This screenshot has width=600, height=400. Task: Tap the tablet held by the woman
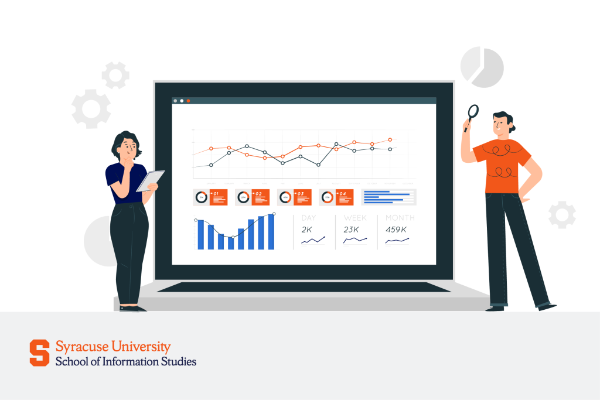pyautogui.click(x=150, y=181)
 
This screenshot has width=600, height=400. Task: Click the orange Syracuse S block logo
pyautogui.click(x=40, y=353)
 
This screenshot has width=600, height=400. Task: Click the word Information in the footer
pyautogui.click(x=128, y=361)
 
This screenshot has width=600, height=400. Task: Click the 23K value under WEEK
pyautogui.click(x=352, y=230)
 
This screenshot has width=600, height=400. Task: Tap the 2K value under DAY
pyautogui.click(x=307, y=230)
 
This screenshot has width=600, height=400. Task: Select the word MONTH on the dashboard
pyautogui.click(x=400, y=218)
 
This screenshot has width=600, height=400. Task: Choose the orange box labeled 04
pyautogui.click(x=344, y=197)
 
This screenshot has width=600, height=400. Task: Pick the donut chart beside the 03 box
pyautogui.click(x=285, y=197)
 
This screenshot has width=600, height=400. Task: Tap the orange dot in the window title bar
pyautogui.click(x=188, y=101)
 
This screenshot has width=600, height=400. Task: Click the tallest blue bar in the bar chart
pyautogui.click(x=271, y=232)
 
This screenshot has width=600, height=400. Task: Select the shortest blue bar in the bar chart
pyautogui.click(x=231, y=242)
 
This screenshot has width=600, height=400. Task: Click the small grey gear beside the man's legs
pyautogui.click(x=562, y=214)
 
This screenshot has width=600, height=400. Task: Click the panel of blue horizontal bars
pyautogui.click(x=389, y=197)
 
